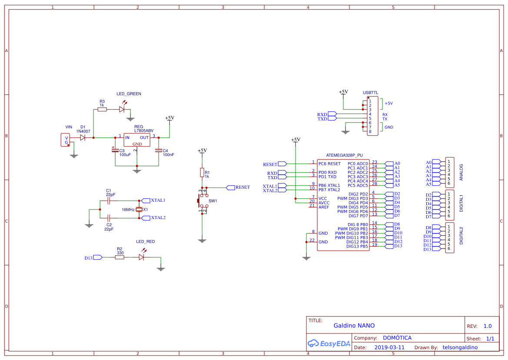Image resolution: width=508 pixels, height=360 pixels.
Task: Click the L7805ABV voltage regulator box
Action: [x=137, y=140]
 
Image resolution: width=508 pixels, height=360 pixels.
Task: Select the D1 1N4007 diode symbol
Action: [x=83, y=137]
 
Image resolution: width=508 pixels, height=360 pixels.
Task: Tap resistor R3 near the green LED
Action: [x=102, y=110]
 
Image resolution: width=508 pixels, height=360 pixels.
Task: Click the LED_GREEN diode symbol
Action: [x=122, y=110]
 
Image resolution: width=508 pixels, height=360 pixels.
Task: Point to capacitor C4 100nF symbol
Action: [x=159, y=150]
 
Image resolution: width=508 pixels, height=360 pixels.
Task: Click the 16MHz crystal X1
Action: [x=139, y=210]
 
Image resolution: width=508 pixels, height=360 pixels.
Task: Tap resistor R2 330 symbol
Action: [x=120, y=257]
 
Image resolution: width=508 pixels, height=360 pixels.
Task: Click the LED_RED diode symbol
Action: [x=141, y=257]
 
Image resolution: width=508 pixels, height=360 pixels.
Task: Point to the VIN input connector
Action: [x=65, y=140]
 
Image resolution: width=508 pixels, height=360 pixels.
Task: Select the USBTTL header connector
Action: [x=372, y=116]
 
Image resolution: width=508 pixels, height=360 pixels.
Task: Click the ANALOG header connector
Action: [x=449, y=173]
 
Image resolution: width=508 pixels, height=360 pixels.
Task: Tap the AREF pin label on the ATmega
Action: [x=324, y=207]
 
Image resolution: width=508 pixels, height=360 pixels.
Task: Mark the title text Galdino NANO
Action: [x=354, y=326]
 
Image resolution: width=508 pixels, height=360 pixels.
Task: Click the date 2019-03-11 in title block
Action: [x=389, y=347]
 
